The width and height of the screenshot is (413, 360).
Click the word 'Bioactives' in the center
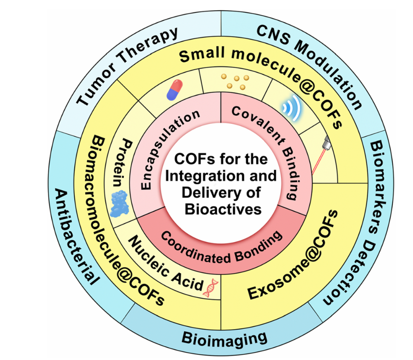click(223, 208)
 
